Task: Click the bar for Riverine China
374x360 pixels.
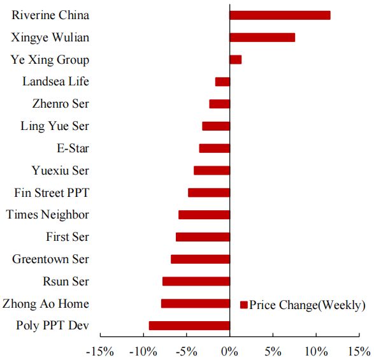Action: pos(280,15)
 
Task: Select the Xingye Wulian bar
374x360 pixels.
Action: pos(262,38)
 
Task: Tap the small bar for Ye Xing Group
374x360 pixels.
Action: pos(235,60)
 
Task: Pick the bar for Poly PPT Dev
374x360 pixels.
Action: pos(189,326)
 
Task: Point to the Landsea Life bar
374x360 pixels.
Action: pos(222,82)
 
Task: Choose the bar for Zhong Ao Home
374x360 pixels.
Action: pos(195,303)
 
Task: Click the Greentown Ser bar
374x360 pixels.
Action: pos(200,259)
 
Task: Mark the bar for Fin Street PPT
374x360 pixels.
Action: pos(208,192)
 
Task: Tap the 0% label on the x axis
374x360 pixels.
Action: pos(229,351)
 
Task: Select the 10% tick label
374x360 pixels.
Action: pos(316,351)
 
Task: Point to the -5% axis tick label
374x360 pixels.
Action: pos(185,351)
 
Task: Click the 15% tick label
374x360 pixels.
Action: pos(359,351)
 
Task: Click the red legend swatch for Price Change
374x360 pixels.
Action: pos(243,305)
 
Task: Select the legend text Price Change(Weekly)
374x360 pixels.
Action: pos(307,305)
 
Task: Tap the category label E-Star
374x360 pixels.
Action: pos(73,148)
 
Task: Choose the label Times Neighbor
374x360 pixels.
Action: pos(48,215)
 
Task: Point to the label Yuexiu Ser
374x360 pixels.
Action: pos(61,170)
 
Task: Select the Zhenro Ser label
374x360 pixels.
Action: pos(61,104)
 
